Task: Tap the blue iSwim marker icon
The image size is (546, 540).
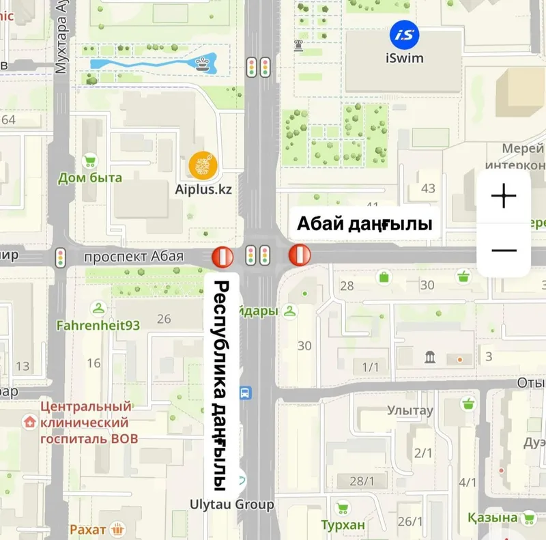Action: (x=405, y=33)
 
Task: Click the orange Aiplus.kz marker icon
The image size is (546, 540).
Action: (x=203, y=165)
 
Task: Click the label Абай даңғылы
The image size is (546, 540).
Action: (x=364, y=224)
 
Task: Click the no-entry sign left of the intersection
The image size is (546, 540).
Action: (x=223, y=256)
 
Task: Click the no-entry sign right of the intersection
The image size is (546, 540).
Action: (x=300, y=255)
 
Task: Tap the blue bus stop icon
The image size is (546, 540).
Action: (x=245, y=393)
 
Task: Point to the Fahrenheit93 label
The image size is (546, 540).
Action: (x=98, y=325)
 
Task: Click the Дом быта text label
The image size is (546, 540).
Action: (x=90, y=178)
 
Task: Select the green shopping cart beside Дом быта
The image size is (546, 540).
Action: (x=89, y=161)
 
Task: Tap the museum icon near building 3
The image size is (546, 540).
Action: (x=431, y=356)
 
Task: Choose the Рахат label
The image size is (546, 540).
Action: (x=88, y=529)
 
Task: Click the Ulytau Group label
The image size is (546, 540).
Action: (x=232, y=505)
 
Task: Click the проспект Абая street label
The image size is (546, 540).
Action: (x=134, y=256)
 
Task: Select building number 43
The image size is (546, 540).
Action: (x=429, y=188)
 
